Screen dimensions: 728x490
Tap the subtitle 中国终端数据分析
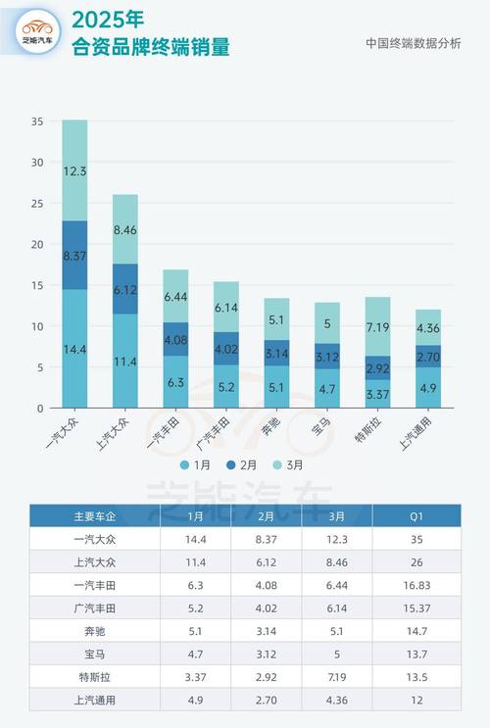pos(413,43)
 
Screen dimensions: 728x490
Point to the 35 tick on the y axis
pos(37,121)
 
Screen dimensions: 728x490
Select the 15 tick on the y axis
pos(37,285)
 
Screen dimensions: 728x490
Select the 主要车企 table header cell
pos(94,514)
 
